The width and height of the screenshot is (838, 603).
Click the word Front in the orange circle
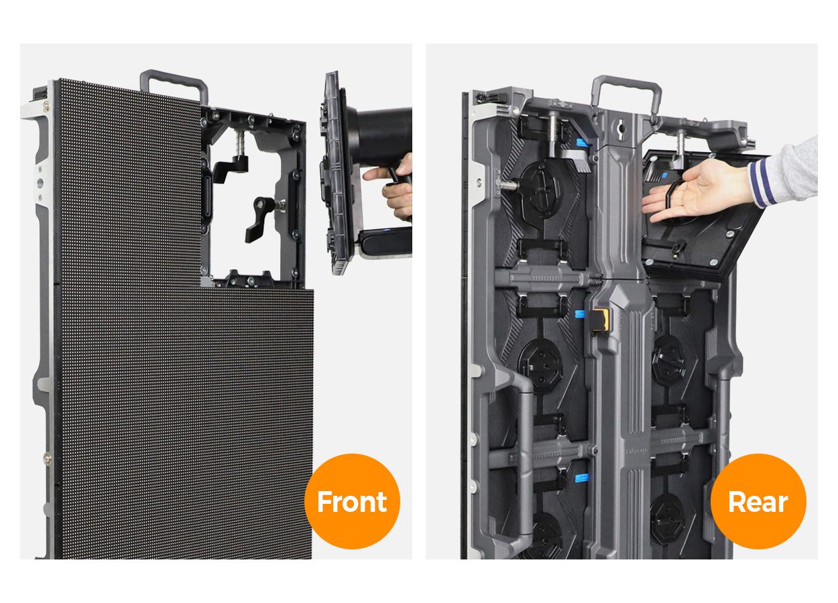click(352, 502)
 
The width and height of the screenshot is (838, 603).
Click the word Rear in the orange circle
click(758, 502)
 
